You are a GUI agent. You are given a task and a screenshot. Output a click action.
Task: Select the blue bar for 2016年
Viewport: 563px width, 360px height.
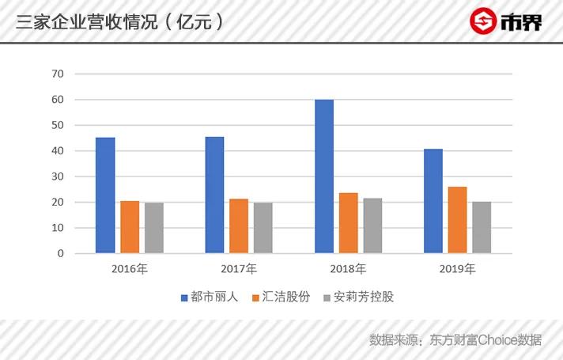105,195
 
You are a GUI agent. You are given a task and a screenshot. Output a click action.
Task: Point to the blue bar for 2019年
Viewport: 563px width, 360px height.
433,201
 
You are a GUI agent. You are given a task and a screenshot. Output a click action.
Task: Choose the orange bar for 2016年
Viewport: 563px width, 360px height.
130,227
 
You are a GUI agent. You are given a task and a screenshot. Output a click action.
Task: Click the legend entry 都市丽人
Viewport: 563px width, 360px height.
207,297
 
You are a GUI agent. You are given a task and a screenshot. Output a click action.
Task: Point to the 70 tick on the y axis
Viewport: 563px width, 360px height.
58,74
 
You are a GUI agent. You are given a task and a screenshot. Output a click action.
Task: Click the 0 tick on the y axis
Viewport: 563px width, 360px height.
61,254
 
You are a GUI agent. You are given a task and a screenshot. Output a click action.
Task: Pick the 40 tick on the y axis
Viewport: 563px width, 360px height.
58,151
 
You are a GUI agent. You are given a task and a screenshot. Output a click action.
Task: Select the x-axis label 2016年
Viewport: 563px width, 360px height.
130,269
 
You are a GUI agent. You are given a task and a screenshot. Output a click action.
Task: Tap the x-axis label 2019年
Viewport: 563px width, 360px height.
457,269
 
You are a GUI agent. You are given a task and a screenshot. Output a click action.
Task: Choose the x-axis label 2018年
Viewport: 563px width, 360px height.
348,269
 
